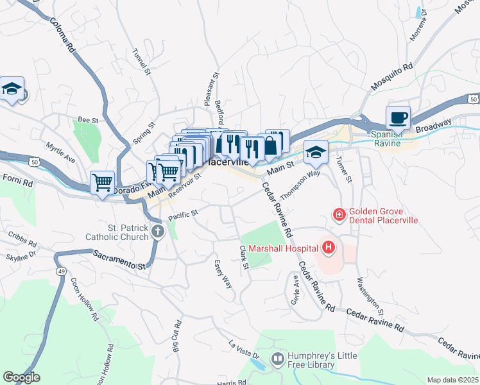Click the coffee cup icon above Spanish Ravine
click(x=398, y=118)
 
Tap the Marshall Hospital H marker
click(x=329, y=247)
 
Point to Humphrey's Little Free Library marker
click(x=278, y=358)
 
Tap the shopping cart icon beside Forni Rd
click(x=102, y=182)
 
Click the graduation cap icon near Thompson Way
click(x=316, y=152)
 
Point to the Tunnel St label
click(x=141, y=63)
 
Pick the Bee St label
click(x=87, y=119)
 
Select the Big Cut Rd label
click(x=176, y=337)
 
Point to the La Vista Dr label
click(x=244, y=350)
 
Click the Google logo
click(x=21, y=377)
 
